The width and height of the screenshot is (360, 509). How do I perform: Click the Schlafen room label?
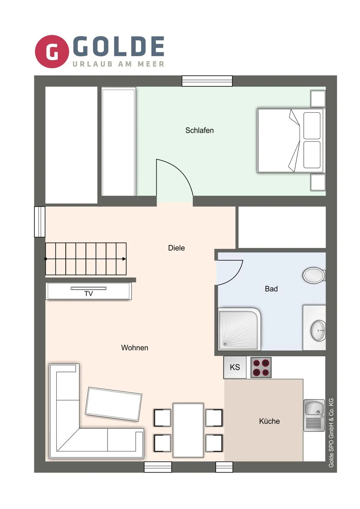[x=199, y=130]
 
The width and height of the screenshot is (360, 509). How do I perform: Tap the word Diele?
[x=176, y=248]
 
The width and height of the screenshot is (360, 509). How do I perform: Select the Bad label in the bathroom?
[x=271, y=289]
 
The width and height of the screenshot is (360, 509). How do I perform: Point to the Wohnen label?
[x=134, y=348]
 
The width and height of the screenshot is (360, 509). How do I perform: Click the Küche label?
[x=269, y=421]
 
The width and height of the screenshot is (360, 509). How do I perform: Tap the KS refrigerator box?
[x=235, y=367]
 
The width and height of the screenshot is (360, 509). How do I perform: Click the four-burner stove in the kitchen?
[x=261, y=368]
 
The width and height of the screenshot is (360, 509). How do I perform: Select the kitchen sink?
[x=314, y=415]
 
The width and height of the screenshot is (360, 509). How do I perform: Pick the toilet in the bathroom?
[x=314, y=275]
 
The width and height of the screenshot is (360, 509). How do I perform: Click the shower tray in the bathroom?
[x=239, y=329]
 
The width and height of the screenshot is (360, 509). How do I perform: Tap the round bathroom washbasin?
[x=318, y=330]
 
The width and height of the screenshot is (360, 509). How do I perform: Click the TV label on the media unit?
[x=89, y=294]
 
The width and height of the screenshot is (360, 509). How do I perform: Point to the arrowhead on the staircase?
[x=124, y=259]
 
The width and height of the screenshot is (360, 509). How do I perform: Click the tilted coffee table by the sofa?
[x=114, y=404]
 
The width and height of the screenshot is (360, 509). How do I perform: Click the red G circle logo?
[x=52, y=51]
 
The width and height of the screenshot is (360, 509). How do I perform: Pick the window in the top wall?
[x=207, y=81]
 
